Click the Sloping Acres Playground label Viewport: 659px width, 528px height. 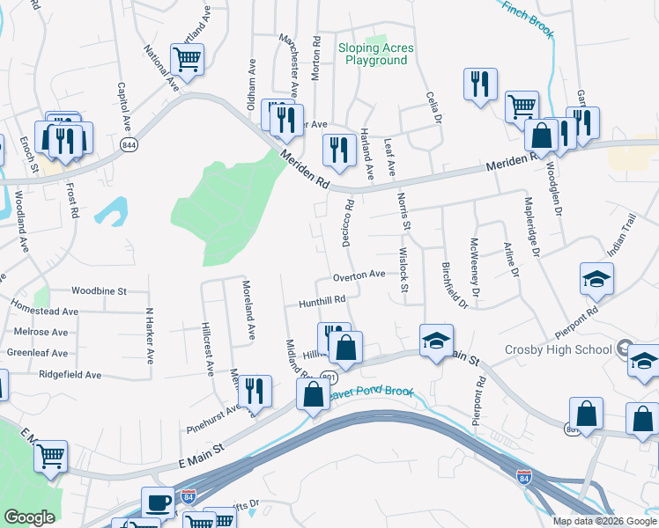click(x=374, y=55)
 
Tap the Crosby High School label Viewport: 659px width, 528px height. click(x=558, y=349)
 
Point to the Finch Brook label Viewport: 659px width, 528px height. click(x=527, y=18)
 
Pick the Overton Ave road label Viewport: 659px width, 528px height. click(x=359, y=275)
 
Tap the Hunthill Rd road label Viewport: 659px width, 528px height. click(x=321, y=299)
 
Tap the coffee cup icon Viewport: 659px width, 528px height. click(x=158, y=502)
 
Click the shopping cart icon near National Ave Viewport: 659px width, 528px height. click(x=187, y=59)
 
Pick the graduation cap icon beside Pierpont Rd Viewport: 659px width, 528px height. click(x=596, y=279)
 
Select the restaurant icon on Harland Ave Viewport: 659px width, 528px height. click(x=338, y=149)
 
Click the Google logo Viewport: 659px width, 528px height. click(x=29, y=517)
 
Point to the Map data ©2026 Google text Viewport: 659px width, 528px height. click(x=603, y=521)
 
